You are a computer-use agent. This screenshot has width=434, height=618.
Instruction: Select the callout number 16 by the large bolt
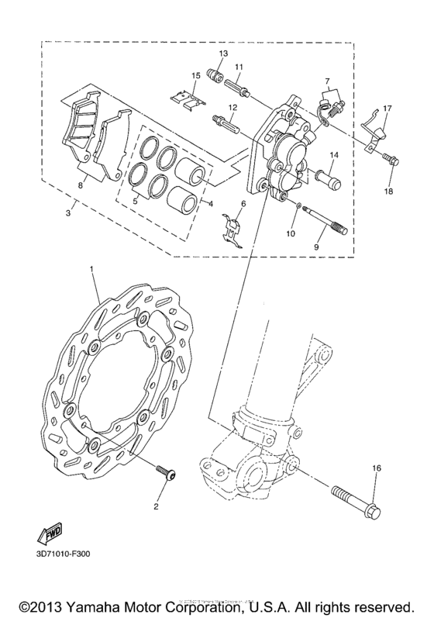click(x=375, y=468)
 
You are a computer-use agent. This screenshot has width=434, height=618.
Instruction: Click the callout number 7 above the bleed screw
click(x=327, y=81)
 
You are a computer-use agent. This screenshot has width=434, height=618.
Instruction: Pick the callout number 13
click(x=222, y=52)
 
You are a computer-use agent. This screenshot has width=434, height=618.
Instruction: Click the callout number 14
click(x=332, y=154)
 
